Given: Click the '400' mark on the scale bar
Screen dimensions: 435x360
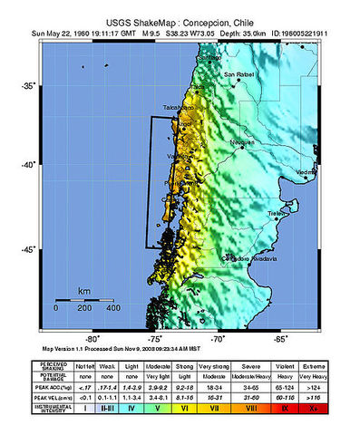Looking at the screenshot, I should tap(114, 308).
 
